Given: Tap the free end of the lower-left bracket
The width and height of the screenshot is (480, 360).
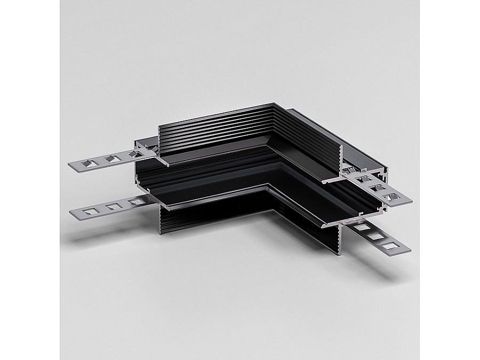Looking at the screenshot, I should point(73,212).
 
